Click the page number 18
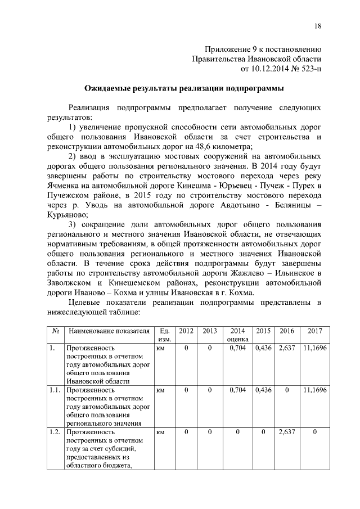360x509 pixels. (x=318, y=26)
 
